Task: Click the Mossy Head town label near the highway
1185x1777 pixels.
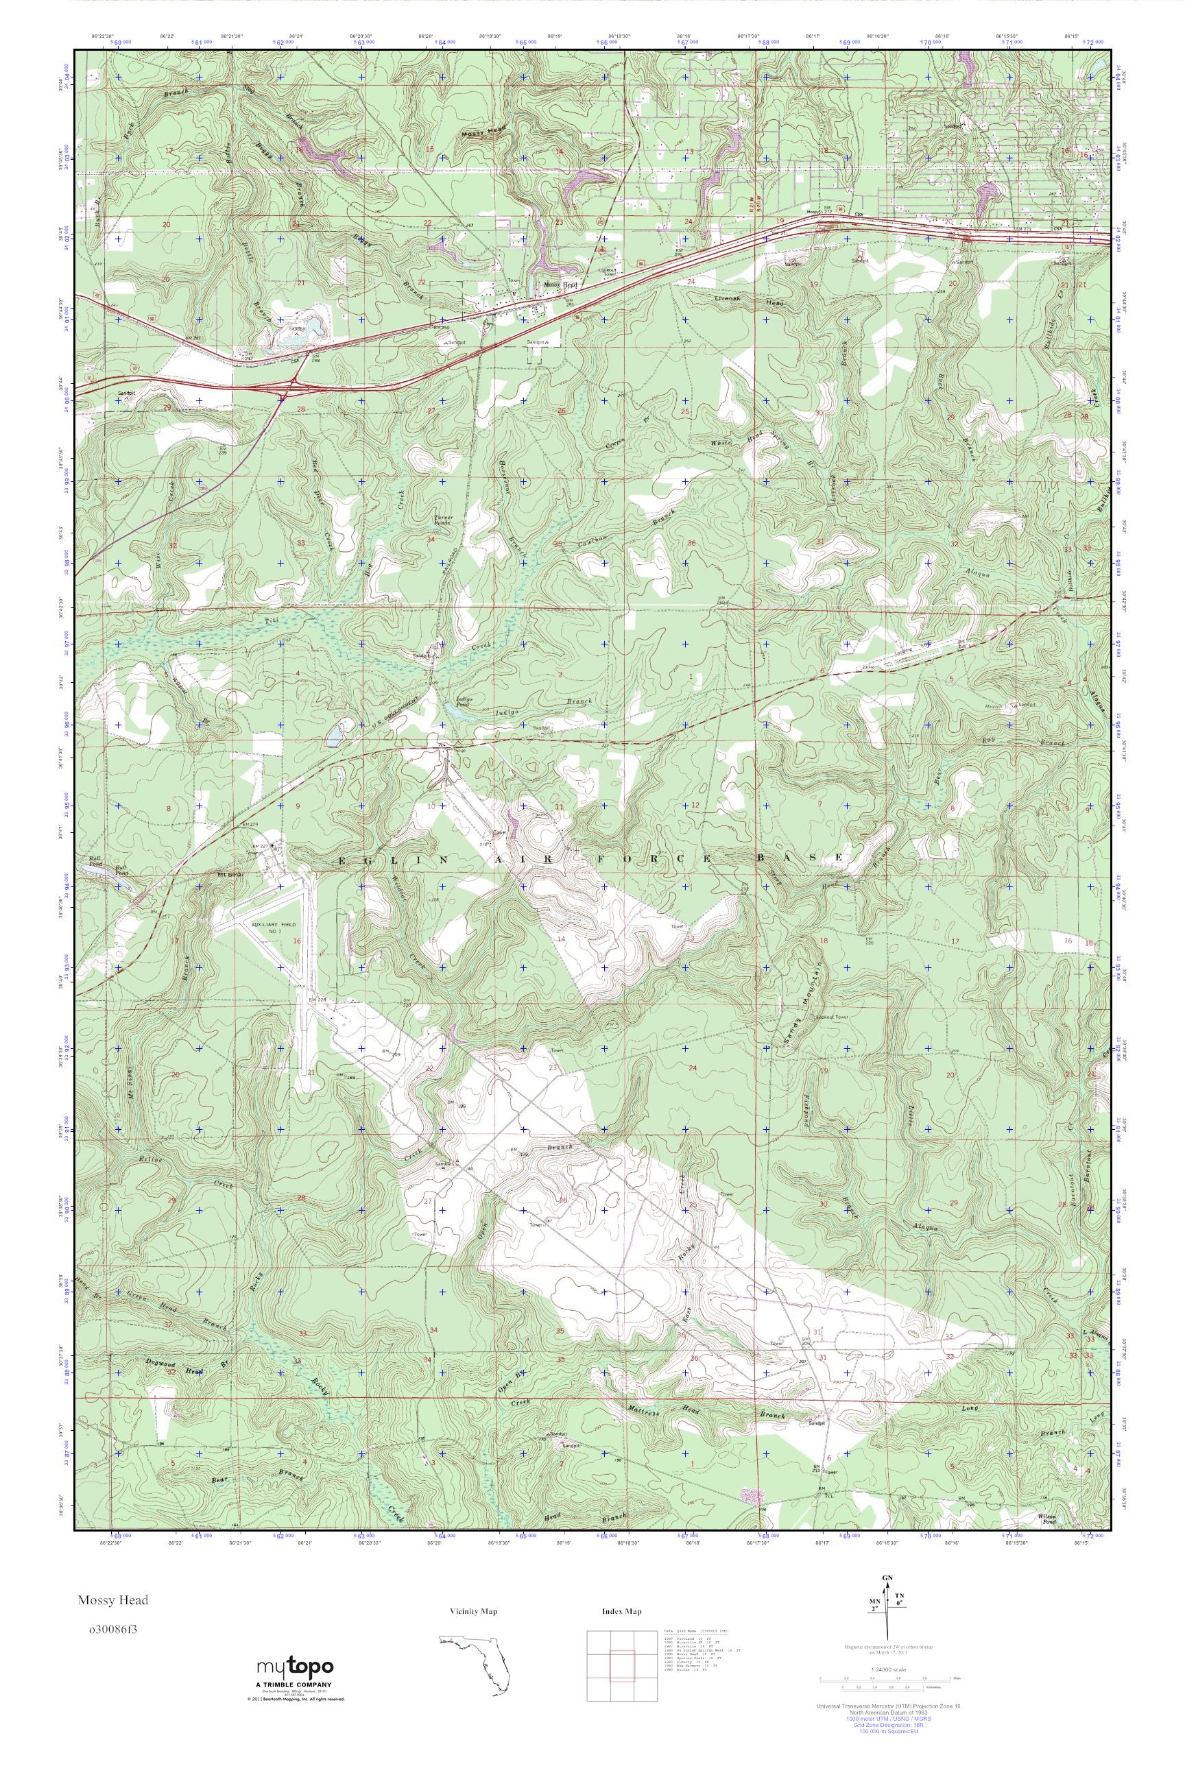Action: point(560,285)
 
